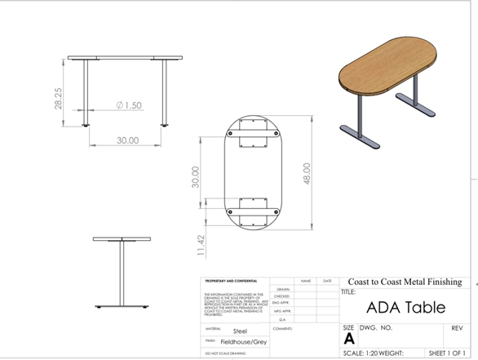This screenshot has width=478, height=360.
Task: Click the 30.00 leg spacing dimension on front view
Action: click(x=126, y=140)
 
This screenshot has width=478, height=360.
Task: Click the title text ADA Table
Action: click(x=405, y=308)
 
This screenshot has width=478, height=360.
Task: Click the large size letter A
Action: click(x=349, y=338)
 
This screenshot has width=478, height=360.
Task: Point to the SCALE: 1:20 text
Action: click(x=365, y=354)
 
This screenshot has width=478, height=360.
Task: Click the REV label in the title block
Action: click(x=457, y=327)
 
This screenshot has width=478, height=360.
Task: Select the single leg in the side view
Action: click(x=122, y=274)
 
